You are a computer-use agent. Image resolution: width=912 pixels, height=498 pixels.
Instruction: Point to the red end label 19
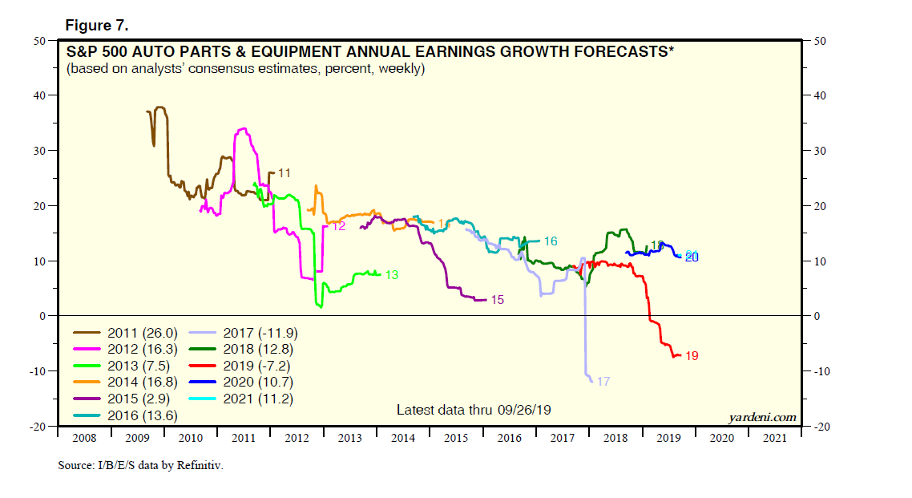click(692, 355)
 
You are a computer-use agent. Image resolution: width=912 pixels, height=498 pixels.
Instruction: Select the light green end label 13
click(392, 274)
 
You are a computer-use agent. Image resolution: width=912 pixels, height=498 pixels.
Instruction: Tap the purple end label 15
click(497, 300)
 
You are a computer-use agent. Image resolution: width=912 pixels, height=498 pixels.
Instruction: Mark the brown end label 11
click(284, 172)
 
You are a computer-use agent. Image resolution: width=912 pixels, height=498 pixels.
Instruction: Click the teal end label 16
click(551, 241)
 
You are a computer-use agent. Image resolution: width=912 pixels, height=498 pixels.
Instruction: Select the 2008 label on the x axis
click(86, 439)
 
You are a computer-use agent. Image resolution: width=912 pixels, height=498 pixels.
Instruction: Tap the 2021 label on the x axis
click(775, 439)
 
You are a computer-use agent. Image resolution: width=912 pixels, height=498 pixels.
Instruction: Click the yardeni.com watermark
click(762, 417)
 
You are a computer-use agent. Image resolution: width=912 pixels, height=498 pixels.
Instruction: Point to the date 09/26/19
click(527, 410)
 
